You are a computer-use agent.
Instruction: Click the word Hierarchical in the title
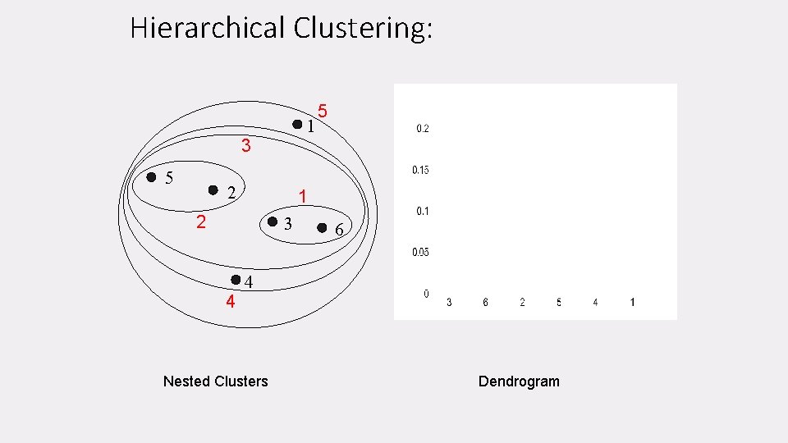point(207,29)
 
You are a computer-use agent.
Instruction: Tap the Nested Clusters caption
point(215,381)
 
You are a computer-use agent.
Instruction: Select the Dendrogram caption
point(519,381)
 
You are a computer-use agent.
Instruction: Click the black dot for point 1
point(297,125)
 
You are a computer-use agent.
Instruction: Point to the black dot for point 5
point(151,177)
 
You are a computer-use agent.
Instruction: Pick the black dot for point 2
point(213,190)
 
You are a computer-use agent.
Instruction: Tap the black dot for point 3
point(273,221)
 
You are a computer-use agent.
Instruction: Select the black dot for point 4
point(236,280)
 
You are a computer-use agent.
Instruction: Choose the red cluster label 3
point(245,148)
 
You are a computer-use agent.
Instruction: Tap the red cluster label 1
point(303,197)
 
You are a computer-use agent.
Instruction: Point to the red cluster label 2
point(200,222)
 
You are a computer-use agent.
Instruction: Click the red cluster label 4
point(231,302)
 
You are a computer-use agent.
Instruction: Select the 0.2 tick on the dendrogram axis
point(423,129)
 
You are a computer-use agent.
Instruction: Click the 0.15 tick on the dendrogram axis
point(420,170)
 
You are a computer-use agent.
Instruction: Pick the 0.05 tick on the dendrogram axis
point(420,252)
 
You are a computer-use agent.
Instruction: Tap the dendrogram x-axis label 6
point(485,303)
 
